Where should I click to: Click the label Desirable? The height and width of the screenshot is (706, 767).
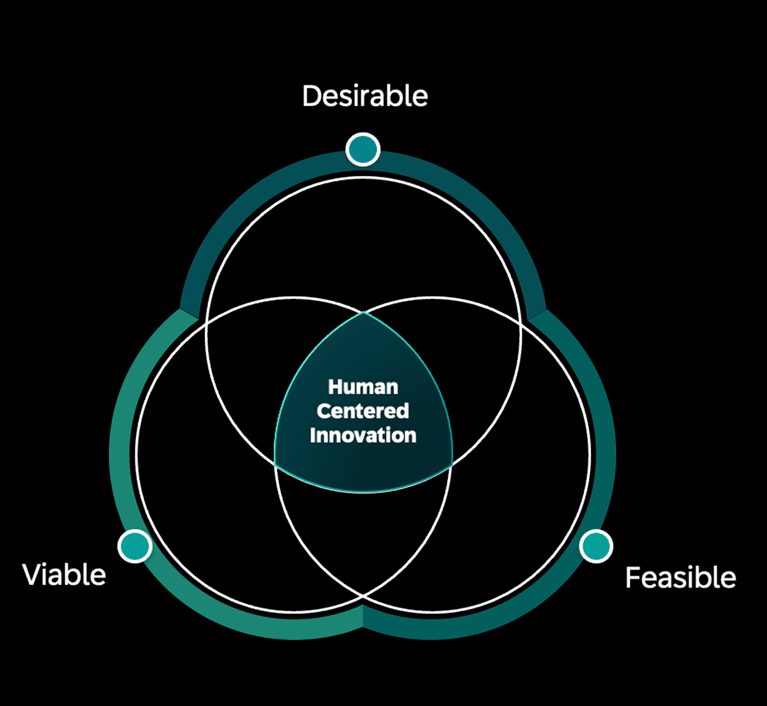[365, 96]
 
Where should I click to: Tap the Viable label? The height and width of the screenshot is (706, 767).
[64, 575]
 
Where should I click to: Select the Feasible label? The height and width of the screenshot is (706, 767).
[680, 577]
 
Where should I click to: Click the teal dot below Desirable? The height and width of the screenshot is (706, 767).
[363, 149]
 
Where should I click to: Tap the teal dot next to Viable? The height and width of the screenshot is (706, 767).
[135, 546]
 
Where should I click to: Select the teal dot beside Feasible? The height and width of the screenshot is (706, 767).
[596, 546]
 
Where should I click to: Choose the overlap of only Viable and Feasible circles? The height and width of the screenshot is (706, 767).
[363, 535]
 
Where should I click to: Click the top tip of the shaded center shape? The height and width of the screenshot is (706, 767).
[364, 312]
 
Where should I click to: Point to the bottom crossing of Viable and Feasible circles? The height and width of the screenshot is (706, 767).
[363, 595]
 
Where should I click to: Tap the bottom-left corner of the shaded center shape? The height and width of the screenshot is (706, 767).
[275, 464]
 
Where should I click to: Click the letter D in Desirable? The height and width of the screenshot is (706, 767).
[311, 96]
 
